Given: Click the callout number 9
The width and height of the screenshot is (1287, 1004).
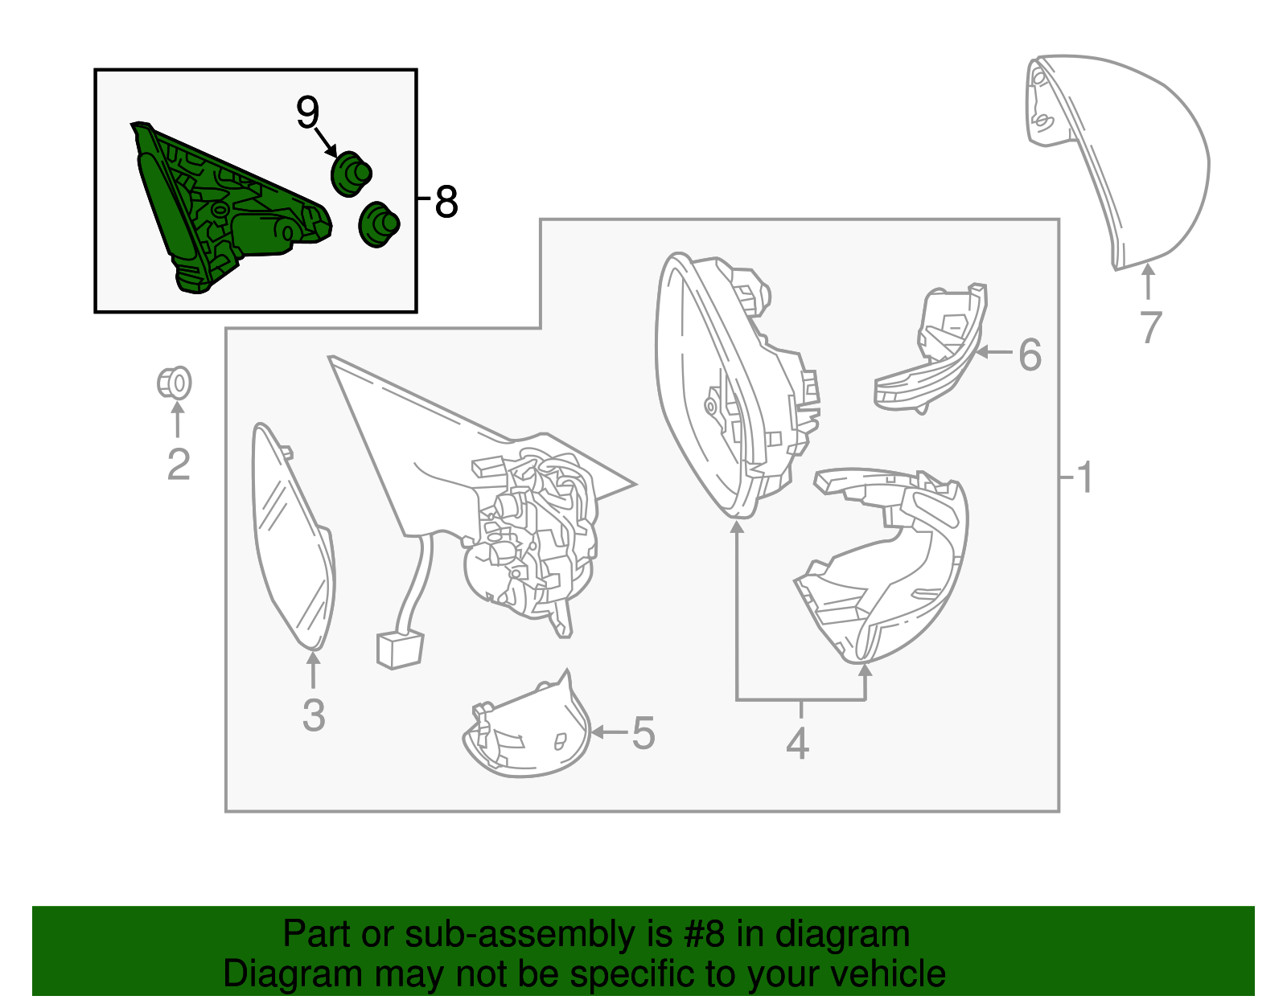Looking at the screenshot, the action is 307,113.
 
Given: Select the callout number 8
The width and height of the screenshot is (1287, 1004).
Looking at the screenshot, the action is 446,202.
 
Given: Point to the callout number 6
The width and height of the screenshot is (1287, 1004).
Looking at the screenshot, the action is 1030,355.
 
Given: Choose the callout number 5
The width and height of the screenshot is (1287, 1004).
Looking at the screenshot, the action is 643,733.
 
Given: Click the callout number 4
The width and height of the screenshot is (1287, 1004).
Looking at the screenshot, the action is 798,744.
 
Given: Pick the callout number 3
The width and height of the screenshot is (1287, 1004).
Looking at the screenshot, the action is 314,715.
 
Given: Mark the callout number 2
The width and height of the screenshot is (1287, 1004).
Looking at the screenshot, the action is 179,465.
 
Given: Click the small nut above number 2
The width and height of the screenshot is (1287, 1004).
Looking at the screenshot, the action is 174,383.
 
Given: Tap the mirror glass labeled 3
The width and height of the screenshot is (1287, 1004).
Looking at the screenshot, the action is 293,537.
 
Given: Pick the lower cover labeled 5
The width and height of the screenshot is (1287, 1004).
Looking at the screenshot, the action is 527,727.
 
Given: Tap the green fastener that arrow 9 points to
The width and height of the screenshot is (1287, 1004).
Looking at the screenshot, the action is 352,174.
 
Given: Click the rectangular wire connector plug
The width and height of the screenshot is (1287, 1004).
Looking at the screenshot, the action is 400,650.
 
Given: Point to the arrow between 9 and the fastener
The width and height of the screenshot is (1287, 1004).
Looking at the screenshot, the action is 327,142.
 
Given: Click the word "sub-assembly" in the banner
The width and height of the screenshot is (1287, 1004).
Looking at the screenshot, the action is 538,933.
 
